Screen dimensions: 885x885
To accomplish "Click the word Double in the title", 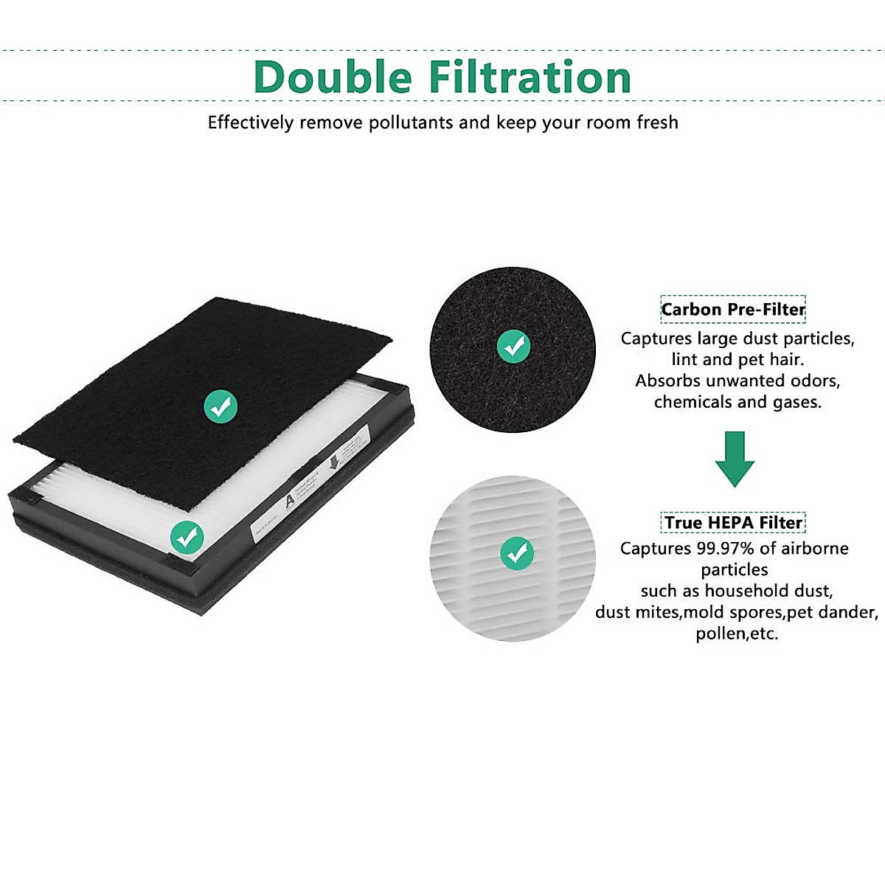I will tap(333, 77).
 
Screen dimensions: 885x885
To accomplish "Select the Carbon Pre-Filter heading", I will tap(733, 309).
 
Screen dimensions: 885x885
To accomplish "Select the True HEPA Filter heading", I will tap(733, 523).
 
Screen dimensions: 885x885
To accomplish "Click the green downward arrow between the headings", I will tap(735, 459).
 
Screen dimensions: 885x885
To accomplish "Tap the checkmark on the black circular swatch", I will tap(513, 346).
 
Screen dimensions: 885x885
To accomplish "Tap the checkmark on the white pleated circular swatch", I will tap(516, 552).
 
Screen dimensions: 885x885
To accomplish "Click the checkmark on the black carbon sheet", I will tap(221, 406).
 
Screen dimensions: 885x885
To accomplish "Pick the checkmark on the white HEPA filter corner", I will tap(187, 538).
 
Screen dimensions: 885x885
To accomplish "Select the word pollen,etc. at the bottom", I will tap(737, 634).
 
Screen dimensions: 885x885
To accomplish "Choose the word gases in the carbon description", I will tap(796, 403).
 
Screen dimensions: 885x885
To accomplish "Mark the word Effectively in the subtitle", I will tap(251, 122).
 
